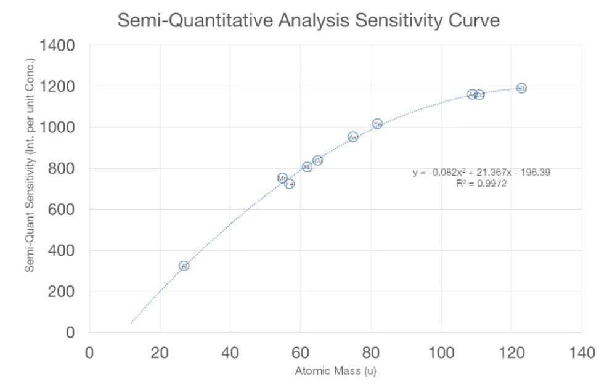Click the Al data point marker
184,266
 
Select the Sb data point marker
521,88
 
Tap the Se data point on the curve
377,124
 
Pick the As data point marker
353,137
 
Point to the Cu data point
318,160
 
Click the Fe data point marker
290,184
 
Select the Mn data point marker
282,178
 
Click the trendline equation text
481,173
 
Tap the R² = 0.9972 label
481,184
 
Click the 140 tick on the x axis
581,353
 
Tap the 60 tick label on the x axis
300,353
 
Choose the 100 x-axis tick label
441,353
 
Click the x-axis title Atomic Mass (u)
335,371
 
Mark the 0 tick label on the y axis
71,333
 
